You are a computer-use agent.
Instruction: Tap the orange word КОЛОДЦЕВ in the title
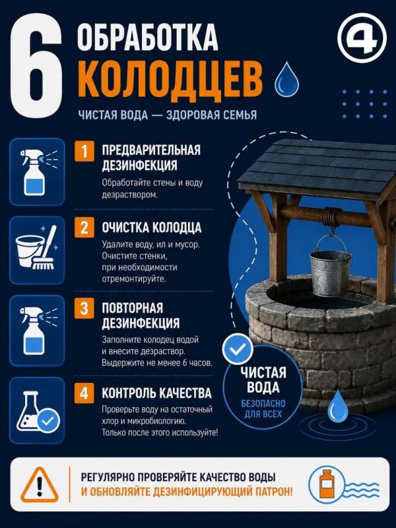[x=172, y=81]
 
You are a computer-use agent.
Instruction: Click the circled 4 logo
[x=362, y=38]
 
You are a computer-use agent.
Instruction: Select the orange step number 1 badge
[x=84, y=152]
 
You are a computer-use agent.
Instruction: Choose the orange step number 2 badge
[x=84, y=227]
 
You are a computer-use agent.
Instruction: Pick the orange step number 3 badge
[x=84, y=308]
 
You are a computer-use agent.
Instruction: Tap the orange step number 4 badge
[x=84, y=393]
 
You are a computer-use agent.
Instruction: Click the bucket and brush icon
[x=37, y=249]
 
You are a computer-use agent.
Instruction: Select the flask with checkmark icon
[x=37, y=411]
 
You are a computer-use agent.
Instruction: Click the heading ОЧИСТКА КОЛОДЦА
[x=152, y=228]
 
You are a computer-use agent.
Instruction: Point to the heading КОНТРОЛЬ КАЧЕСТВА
[x=156, y=393]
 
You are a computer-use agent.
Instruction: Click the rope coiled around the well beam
[x=331, y=217]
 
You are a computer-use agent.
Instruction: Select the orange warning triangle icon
[x=40, y=484]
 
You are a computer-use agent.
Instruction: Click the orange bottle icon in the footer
[x=326, y=484]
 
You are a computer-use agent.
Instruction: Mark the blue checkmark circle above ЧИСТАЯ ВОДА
[x=238, y=349]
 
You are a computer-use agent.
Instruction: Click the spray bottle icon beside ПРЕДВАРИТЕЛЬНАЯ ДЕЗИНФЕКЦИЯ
[x=37, y=172]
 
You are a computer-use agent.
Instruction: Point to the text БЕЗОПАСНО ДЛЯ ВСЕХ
[x=263, y=409]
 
